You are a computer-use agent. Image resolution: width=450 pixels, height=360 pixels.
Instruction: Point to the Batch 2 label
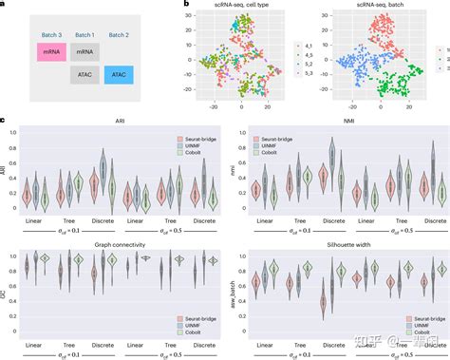tap(120, 35)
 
